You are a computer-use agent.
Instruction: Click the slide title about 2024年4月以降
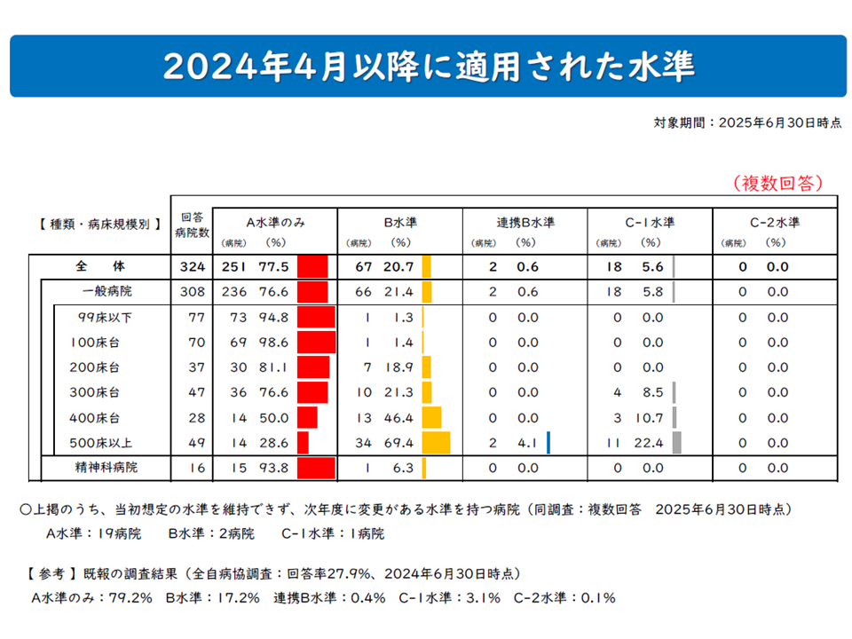[428, 66]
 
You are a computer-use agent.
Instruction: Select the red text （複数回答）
[778, 183]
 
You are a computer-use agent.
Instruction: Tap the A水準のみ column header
[275, 222]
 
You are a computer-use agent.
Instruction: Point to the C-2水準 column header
[775, 222]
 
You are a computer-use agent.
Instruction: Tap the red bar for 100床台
[316, 342]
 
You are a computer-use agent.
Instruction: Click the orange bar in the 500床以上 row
[436, 442]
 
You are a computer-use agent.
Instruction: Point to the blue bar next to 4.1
[549, 442]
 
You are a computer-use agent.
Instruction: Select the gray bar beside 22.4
[677, 442]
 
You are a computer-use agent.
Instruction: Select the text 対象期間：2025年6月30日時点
[747, 123]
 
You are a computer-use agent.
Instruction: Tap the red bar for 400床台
[307, 417]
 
